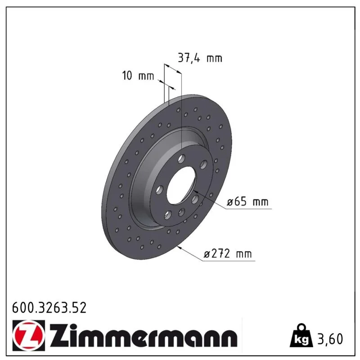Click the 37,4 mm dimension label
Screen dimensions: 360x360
pyautogui.click(x=200, y=58)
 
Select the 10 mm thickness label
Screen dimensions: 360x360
pyautogui.click(x=138, y=76)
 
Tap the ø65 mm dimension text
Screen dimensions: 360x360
pyautogui.click(x=247, y=202)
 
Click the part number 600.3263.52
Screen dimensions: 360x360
pyautogui.click(x=49, y=308)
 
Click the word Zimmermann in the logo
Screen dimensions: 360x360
pyautogui.click(x=144, y=335)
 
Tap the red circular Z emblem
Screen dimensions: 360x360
pyautogui.click(x=29, y=335)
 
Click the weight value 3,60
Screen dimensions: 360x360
pyautogui.click(x=330, y=339)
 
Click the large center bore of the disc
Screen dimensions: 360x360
pyautogui.click(x=181, y=185)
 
